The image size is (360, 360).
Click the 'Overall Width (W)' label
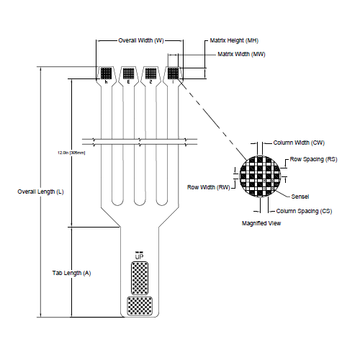point(141,42)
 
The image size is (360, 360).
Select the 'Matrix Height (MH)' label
point(234,42)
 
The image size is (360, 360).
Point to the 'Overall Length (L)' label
point(41,192)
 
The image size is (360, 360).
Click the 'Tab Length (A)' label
point(72,274)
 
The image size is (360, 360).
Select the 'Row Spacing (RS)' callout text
point(313,158)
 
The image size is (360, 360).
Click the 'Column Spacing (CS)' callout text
point(304,211)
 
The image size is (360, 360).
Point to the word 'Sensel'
point(301,197)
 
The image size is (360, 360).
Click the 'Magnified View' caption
point(261,224)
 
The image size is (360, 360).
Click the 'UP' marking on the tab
point(139,256)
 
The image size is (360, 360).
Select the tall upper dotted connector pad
point(139,277)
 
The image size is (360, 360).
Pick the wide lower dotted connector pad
point(139,306)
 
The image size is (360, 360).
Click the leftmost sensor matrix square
point(107,73)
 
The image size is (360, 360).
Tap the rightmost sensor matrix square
point(174,73)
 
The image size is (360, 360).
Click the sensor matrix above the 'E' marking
point(129,73)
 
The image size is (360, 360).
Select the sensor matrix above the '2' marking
point(151,73)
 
